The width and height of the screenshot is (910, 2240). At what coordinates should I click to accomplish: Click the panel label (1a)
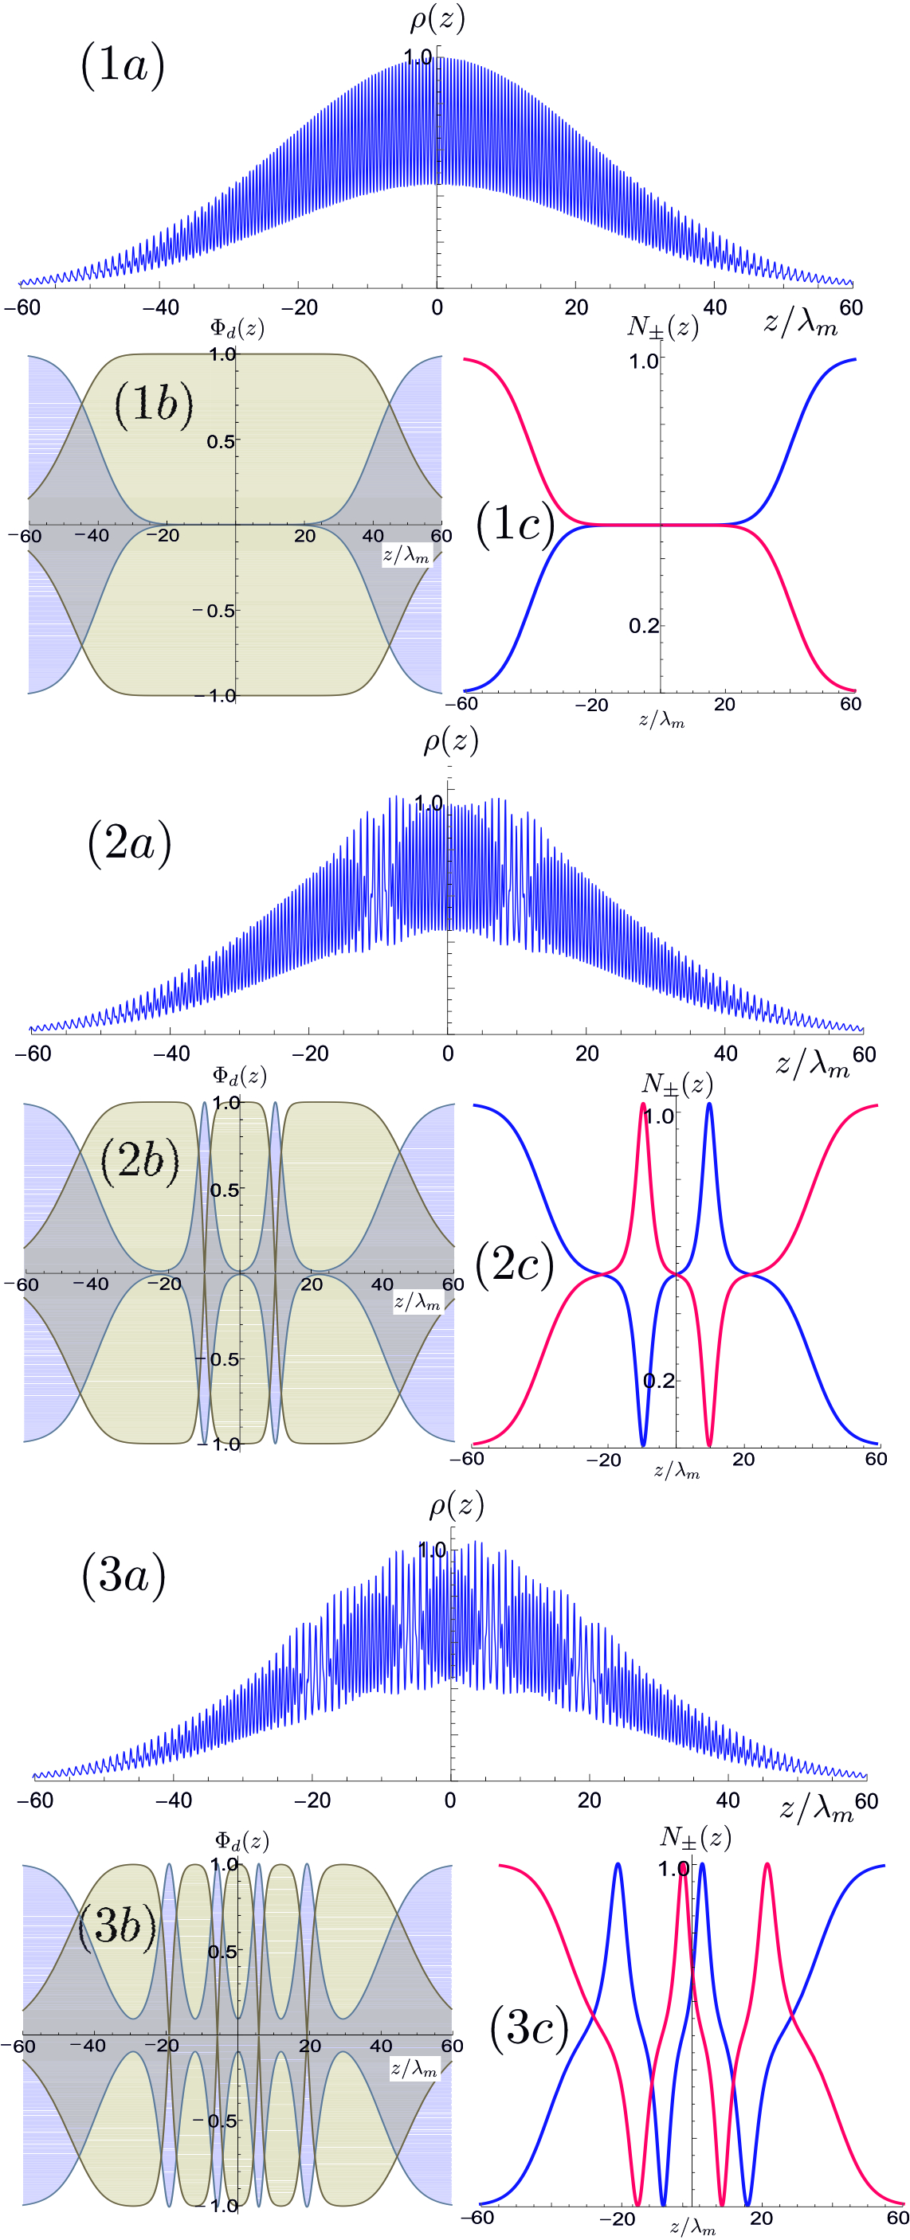(123, 65)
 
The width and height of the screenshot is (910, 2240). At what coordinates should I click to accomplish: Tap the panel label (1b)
(154, 404)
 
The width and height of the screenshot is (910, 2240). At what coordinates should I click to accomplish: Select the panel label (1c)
(515, 522)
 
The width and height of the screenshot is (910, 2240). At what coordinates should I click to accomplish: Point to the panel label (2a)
(130, 842)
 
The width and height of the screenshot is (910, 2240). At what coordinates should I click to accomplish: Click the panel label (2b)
(140, 1160)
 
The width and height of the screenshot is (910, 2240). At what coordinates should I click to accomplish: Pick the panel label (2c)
(515, 1263)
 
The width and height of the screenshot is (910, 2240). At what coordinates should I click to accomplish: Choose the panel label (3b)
(117, 1925)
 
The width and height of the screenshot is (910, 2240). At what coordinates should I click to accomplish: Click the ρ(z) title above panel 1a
(437, 19)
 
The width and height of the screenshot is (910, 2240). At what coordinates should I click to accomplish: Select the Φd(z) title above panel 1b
(237, 328)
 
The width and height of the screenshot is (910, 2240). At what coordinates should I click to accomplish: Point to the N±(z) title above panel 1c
(663, 327)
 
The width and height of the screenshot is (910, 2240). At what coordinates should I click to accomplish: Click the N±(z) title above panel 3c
(695, 1836)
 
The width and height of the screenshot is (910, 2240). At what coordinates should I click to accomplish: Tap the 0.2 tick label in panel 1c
(644, 626)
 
